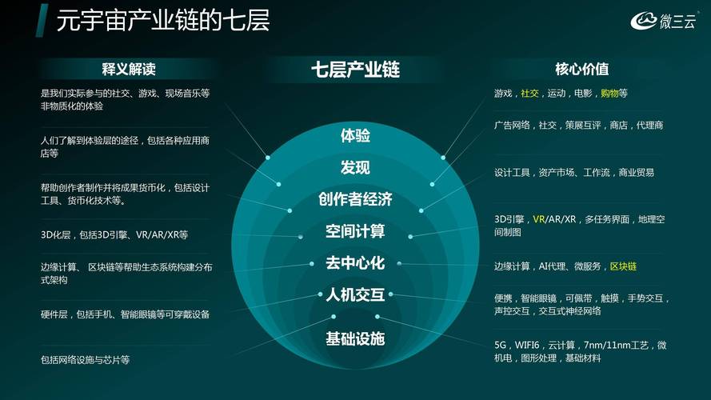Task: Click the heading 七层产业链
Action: point(355,70)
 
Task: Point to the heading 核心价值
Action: point(581,69)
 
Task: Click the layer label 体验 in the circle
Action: point(355,135)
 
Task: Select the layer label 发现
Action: point(355,167)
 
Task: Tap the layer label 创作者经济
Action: point(355,199)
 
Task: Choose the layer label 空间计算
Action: point(355,231)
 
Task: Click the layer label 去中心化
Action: point(355,262)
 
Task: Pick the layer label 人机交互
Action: point(355,294)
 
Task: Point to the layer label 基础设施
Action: point(355,338)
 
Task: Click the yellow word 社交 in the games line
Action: point(529,94)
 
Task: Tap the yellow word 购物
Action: point(609,94)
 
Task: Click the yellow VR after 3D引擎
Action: point(539,218)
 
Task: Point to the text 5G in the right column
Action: point(501,345)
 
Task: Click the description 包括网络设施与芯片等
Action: point(85,360)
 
